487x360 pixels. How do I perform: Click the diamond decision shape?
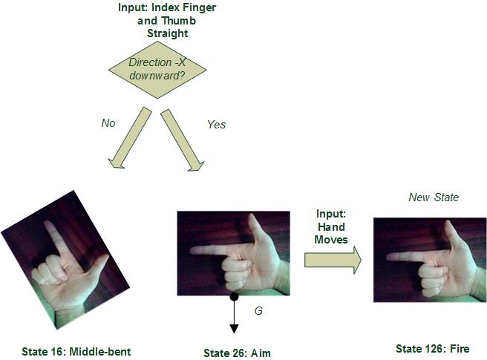tap(157, 70)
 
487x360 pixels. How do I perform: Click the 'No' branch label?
tap(108, 123)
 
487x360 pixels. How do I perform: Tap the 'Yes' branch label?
tap(217, 125)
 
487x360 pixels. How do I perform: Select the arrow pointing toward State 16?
tap(129, 138)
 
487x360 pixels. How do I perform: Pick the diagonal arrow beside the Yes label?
tap(183, 140)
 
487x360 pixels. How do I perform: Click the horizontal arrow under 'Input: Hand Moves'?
tap(333, 260)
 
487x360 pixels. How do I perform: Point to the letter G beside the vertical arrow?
tap(258, 310)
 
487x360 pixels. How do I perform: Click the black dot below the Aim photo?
tap(234, 297)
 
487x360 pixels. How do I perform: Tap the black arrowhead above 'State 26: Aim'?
tap(234, 329)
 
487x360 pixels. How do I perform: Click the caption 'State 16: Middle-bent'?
tap(76, 352)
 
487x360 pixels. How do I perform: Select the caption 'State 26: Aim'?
tap(237, 353)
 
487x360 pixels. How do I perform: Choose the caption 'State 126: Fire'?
tap(433, 349)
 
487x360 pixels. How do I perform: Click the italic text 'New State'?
tap(434, 197)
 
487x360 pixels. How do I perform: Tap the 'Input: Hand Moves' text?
tap(331, 226)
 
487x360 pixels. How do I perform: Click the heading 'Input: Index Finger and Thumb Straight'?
tap(167, 21)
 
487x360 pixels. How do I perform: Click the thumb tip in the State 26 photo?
tap(252, 216)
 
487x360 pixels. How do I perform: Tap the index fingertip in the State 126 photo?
tap(389, 257)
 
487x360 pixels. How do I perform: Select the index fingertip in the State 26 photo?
tap(192, 250)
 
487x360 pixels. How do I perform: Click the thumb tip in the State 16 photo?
tap(107, 257)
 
